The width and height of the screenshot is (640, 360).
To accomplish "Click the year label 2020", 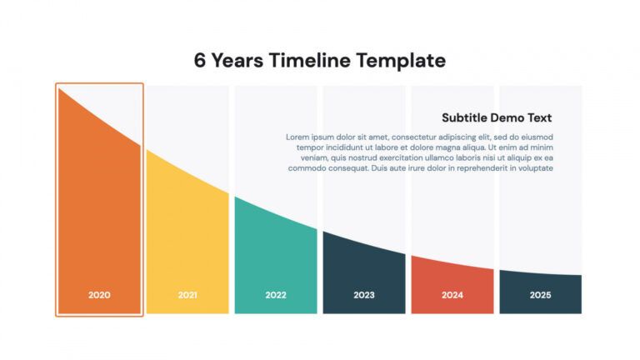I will tap(99, 295).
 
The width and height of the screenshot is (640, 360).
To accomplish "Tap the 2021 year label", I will tap(187, 295).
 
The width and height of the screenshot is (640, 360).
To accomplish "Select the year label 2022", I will tap(276, 295).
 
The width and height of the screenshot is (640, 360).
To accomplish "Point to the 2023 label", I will tap(364, 295).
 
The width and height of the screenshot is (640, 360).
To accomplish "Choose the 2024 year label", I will tap(452, 295).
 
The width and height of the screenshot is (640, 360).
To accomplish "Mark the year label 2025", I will tap(541, 295).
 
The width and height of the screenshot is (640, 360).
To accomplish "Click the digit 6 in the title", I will tap(200, 61).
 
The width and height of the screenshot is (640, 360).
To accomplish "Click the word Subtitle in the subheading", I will tap(466, 118).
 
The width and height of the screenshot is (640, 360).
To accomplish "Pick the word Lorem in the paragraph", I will tap(298, 137).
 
